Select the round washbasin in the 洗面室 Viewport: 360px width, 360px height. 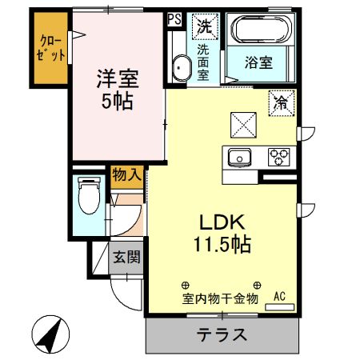[x=180, y=69]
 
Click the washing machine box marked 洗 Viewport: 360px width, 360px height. [x=206, y=25]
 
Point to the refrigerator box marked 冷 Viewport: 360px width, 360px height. [x=281, y=102]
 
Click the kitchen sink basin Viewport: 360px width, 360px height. [x=239, y=156]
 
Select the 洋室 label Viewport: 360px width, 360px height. [x=118, y=79]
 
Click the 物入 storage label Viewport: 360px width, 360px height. [x=126, y=174]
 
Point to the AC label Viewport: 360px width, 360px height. [x=280, y=297]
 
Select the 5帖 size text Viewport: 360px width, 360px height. [x=118, y=102]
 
